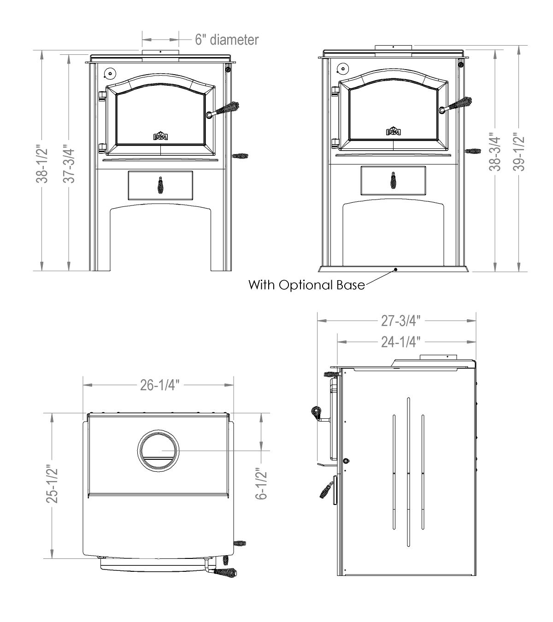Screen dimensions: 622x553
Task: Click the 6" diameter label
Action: [x=226, y=40]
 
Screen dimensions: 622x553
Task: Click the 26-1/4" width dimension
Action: [x=159, y=385]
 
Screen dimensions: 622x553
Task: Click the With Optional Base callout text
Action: [x=306, y=285]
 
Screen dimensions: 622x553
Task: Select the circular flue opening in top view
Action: [x=157, y=450]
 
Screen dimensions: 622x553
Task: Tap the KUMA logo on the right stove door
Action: [x=393, y=132]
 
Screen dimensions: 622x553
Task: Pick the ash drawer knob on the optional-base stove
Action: [x=393, y=180]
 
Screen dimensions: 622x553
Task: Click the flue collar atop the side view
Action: [x=438, y=357]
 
